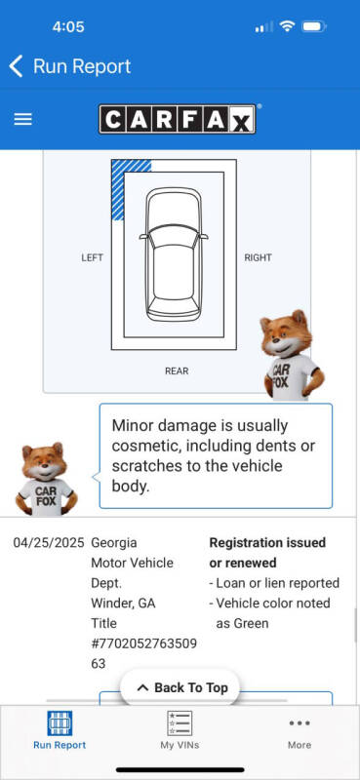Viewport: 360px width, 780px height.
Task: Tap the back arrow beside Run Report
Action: click(x=16, y=66)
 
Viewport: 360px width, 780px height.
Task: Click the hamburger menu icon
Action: click(x=22, y=119)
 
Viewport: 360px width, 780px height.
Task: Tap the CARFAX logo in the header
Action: click(x=178, y=119)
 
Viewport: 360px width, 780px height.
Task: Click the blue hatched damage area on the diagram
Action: click(x=124, y=183)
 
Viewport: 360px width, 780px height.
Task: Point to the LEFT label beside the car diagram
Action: click(x=92, y=257)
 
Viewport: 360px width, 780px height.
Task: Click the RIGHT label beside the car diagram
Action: click(x=258, y=257)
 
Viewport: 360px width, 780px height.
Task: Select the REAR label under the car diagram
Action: click(x=177, y=370)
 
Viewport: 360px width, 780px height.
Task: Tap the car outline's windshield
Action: click(x=174, y=235)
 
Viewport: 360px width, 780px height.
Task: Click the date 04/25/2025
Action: click(x=49, y=543)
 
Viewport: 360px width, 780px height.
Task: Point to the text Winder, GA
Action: click(x=123, y=604)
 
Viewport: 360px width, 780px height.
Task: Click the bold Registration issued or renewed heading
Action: click(x=267, y=553)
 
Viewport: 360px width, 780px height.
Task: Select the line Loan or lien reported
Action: click(x=274, y=583)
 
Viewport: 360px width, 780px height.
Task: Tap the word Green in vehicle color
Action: click(x=243, y=623)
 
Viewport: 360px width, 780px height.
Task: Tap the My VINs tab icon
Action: click(x=180, y=722)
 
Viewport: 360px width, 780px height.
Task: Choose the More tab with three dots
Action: click(x=300, y=730)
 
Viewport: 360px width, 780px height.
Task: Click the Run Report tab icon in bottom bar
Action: click(x=60, y=722)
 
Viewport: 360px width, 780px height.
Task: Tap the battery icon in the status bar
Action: click(x=314, y=26)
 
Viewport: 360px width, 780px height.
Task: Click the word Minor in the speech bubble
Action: click(x=132, y=426)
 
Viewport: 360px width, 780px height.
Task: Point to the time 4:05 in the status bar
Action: click(x=68, y=26)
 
